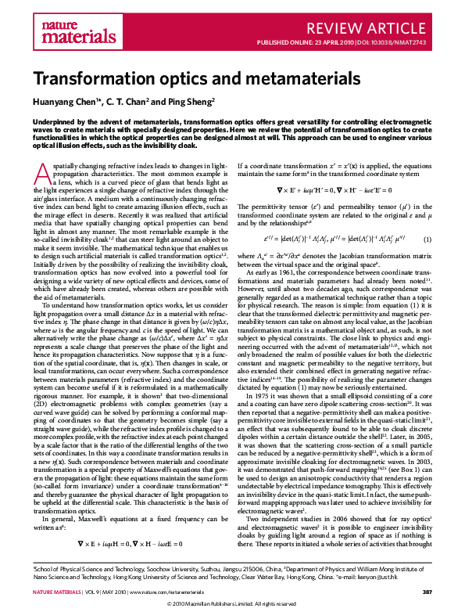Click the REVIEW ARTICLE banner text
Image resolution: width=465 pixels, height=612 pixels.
385,29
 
